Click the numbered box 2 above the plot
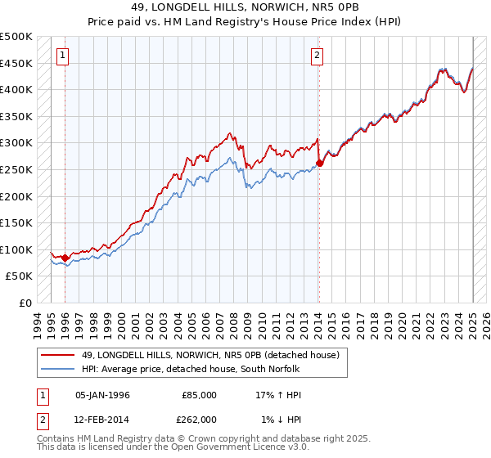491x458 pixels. pos(317,56)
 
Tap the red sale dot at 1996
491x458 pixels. pos(65,258)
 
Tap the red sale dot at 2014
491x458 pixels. pos(319,163)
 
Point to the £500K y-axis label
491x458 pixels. pos(16,37)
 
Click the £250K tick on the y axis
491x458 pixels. pos(16,169)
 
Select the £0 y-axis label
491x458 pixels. pos(25,303)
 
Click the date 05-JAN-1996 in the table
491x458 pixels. pos(102,395)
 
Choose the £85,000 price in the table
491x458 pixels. pos(199,395)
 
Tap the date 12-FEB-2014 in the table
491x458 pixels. pos(102,419)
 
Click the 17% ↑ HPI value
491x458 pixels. pos(278,395)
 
